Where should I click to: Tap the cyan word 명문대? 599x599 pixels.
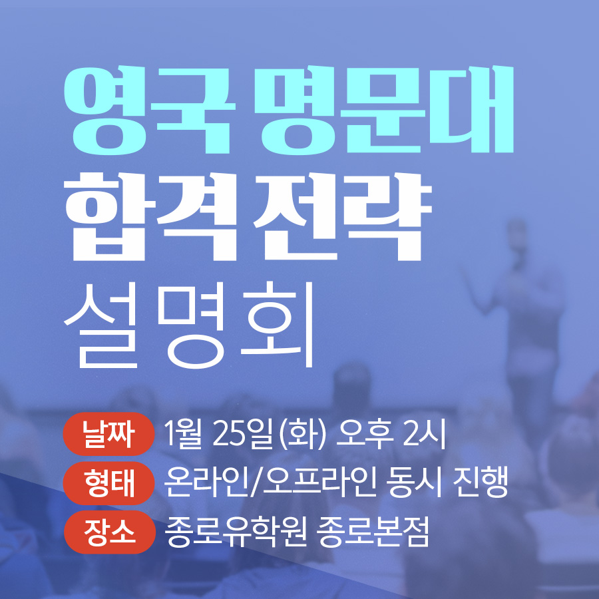384,110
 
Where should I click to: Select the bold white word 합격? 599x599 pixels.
150,216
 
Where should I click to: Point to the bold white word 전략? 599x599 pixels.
342,216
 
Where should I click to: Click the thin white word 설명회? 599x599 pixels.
189,325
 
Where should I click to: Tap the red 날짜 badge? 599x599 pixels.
108,435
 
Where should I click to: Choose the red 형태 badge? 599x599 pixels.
108,483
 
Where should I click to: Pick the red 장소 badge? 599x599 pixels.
109,532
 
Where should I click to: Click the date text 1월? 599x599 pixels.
182,435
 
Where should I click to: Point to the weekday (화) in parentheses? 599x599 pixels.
303,435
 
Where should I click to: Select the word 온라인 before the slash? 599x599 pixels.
206,483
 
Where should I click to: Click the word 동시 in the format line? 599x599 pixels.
414,483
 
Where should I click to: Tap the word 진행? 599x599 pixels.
480,483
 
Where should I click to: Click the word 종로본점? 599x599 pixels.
373,532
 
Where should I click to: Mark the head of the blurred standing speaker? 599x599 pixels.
517,234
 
